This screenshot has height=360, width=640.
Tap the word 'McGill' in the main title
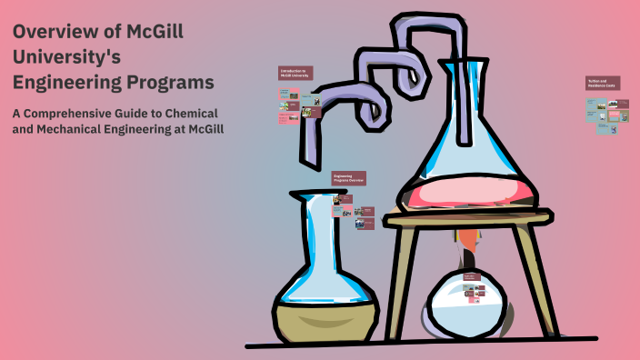click(x=152, y=32)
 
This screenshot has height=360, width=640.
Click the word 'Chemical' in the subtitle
click(x=196, y=113)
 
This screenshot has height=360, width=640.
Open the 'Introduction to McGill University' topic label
click(x=295, y=73)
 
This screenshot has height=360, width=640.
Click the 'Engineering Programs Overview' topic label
click(x=348, y=178)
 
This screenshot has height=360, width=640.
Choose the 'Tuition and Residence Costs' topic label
click(x=603, y=83)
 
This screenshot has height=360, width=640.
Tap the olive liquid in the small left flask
click(x=324, y=314)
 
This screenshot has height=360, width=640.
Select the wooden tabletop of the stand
click(x=467, y=216)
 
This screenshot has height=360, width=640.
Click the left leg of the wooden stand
click(x=405, y=273)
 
